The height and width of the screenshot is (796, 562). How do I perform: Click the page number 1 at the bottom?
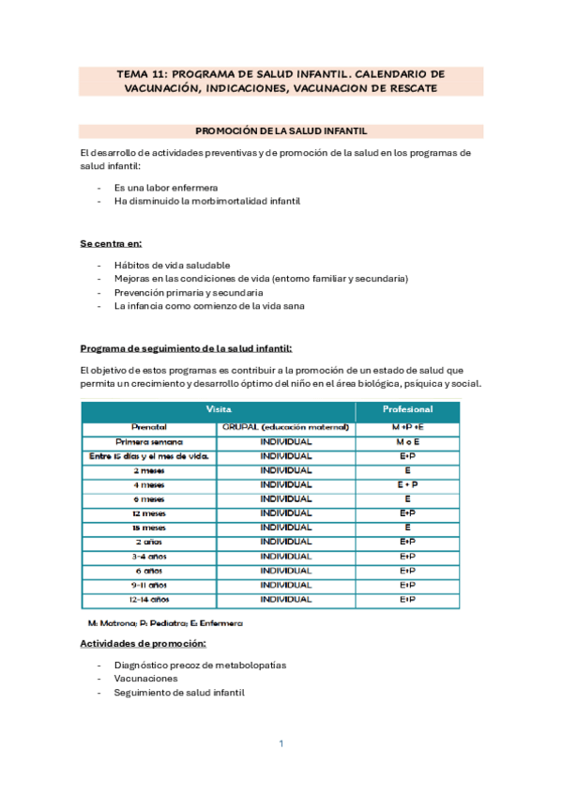pos(281,743)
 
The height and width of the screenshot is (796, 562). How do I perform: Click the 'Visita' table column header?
pos(219,410)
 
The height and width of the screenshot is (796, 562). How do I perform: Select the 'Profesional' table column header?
pos(407,410)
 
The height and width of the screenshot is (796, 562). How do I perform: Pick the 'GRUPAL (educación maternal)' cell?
pos(286,427)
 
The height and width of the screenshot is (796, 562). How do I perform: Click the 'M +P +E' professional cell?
pos(407,427)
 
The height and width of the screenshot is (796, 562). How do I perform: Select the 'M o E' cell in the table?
pos(407,441)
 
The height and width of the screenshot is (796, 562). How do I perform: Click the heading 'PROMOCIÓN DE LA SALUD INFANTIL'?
pos(281,131)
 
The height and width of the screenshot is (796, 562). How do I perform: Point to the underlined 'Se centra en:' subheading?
pos(110,243)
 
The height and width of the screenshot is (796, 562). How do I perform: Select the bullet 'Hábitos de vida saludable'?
pos(172,265)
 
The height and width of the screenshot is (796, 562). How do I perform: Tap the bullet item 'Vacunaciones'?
pos(145,678)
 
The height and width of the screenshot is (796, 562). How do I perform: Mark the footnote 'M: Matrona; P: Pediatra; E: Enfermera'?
pos(151,622)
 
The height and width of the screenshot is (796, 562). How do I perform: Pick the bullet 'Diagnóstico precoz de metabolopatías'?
pos(200,665)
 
